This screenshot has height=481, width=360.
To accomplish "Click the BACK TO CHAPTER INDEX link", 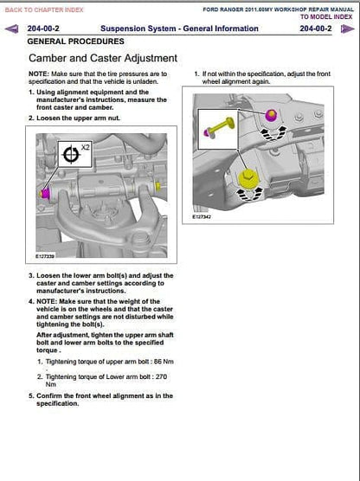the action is point(44,10).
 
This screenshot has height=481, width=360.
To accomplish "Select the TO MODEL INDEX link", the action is point(326,17).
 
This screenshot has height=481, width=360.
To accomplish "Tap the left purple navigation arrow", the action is point(11,29).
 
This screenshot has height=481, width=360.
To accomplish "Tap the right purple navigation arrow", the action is point(347,29).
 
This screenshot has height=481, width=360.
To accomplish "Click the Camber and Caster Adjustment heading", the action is point(103,58).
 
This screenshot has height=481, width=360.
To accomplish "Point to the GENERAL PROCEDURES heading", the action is point(76,42).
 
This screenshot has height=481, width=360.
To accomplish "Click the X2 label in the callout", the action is point(86,147).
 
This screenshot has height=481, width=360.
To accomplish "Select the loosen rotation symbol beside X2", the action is point(71,154).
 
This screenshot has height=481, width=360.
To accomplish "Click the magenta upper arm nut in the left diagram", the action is point(45,194).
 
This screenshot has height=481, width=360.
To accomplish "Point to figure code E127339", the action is point(45,256).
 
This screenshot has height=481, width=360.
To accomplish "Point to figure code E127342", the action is point(202,217).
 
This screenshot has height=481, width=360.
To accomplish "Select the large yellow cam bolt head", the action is point(248,178).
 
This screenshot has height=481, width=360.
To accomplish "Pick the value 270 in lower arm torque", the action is point(161,376).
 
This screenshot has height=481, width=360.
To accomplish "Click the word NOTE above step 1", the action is point(38,74).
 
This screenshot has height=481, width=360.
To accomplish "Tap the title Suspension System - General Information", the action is point(179,29).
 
